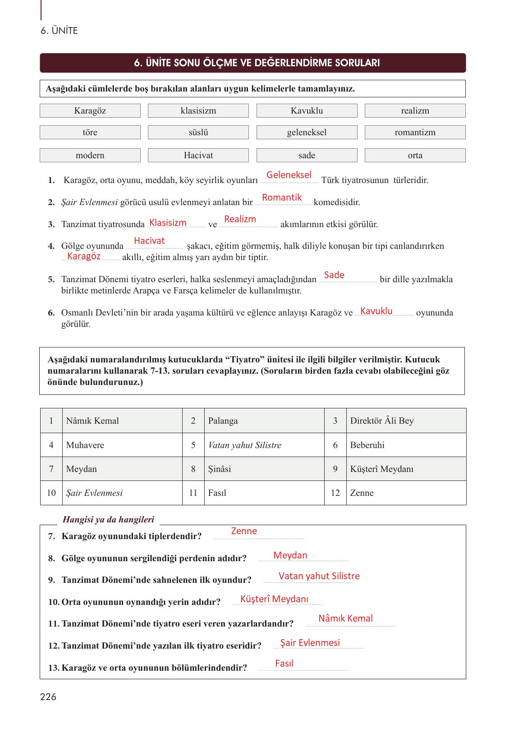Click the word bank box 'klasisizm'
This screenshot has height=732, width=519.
click(x=198, y=111)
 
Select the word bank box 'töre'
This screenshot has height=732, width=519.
click(x=90, y=133)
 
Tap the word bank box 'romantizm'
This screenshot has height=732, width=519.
click(x=415, y=133)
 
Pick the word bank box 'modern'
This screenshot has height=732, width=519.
click(x=90, y=156)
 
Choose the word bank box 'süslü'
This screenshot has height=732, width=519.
click(x=198, y=133)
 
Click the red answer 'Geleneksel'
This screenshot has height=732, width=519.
click(x=289, y=175)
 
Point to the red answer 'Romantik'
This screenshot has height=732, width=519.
click(x=282, y=197)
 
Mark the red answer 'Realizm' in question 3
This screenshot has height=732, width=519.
click(x=240, y=219)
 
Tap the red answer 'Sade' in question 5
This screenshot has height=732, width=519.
click(x=334, y=275)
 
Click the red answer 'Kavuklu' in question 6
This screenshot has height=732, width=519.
click(x=377, y=311)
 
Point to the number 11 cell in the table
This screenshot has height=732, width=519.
click(x=193, y=493)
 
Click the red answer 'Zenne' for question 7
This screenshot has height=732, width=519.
click(x=244, y=531)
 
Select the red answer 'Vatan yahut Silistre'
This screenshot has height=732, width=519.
click(x=319, y=576)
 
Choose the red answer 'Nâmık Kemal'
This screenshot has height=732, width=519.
click(x=345, y=618)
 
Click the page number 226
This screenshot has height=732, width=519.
click(x=48, y=697)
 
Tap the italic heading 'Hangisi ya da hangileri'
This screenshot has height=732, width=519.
click(x=108, y=520)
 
